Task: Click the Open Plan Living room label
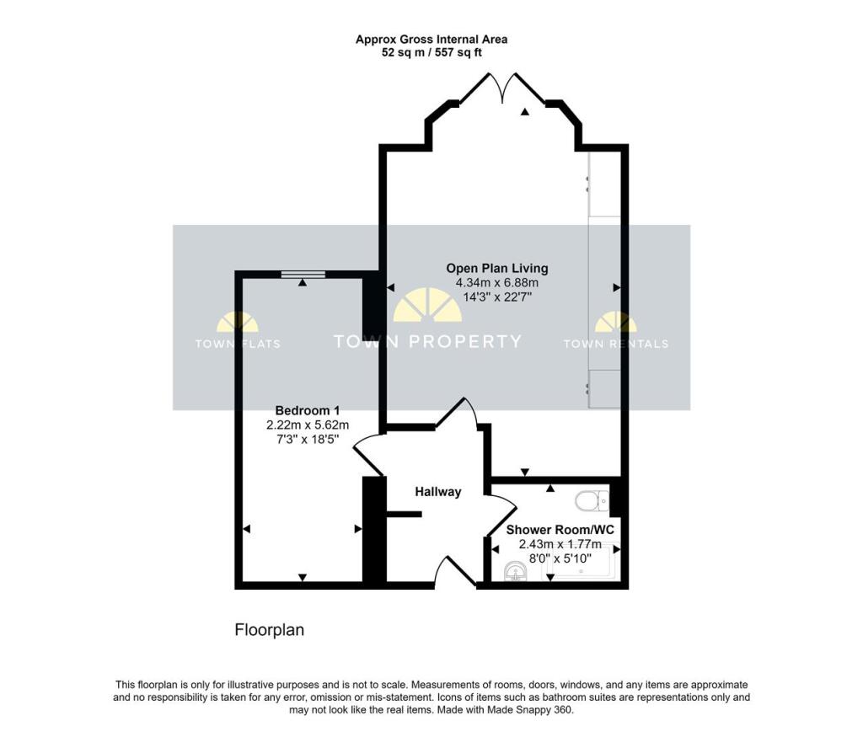[x=496, y=269]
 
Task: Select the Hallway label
[x=437, y=492]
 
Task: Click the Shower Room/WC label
[x=559, y=531]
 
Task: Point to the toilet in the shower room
[x=591, y=502]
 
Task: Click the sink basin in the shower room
[x=513, y=574]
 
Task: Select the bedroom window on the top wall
[x=303, y=273]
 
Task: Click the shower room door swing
[x=501, y=515]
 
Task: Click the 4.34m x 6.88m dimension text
[x=496, y=283]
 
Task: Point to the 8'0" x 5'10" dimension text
[x=560, y=558]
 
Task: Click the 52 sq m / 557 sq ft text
[x=431, y=52]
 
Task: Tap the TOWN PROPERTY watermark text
[x=427, y=342]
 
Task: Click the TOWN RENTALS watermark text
[x=615, y=344]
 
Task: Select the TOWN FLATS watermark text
[x=238, y=344]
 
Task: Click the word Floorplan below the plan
[x=269, y=630]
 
